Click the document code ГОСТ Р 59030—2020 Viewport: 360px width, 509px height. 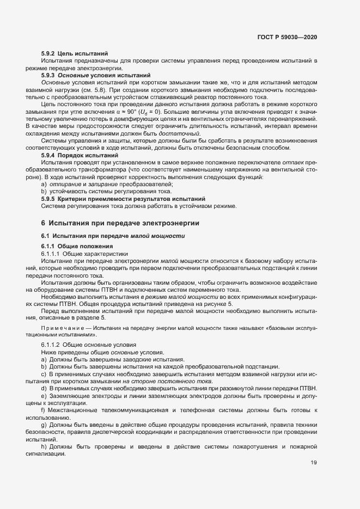[x=286, y=37]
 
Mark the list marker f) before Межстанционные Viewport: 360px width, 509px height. [x=44, y=409]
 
